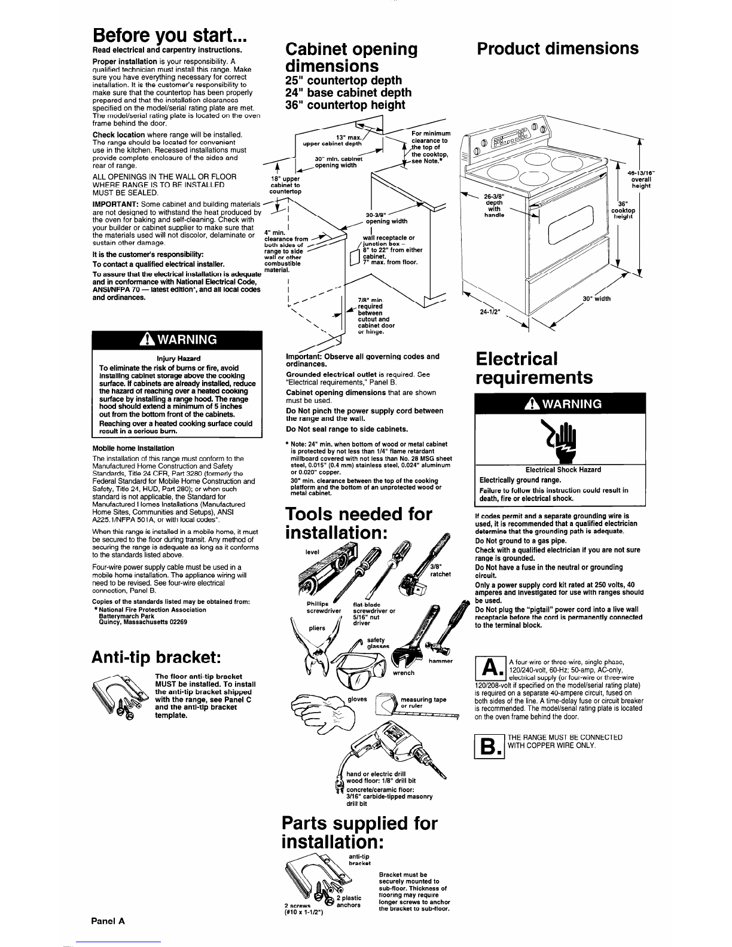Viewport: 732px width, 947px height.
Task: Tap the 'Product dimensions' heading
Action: pos(557,48)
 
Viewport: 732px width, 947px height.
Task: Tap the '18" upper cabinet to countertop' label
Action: pos(285,185)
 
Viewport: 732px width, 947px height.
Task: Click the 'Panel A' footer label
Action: pos(108,921)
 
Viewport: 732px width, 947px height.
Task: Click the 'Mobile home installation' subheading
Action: pos(133,448)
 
